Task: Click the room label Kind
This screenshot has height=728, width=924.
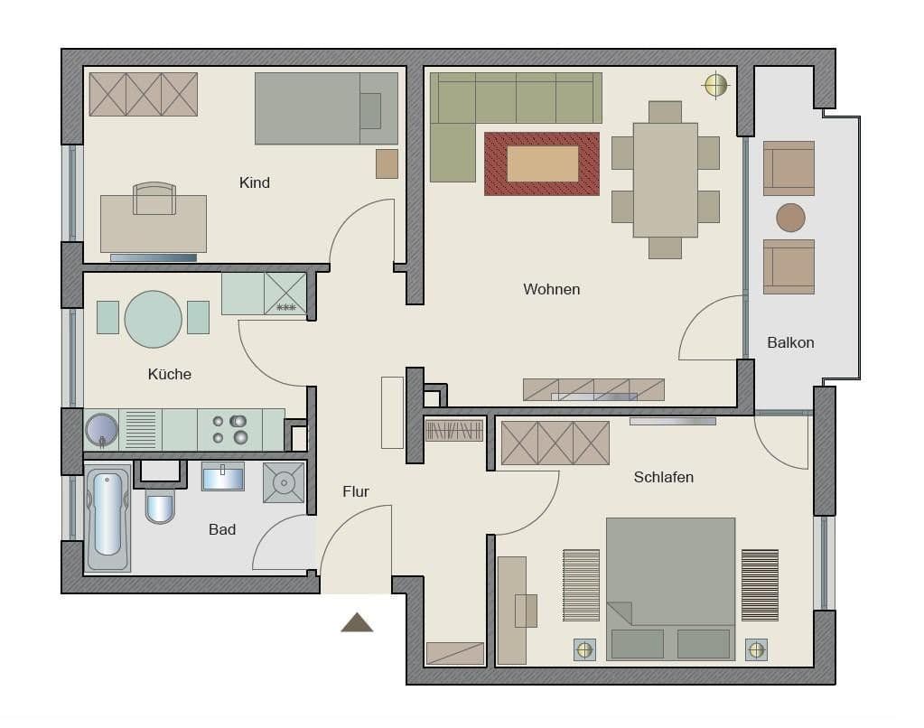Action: tap(254, 183)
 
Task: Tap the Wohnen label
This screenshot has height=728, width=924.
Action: tap(551, 290)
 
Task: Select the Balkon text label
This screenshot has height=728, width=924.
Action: tap(790, 342)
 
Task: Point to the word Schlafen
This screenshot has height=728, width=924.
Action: tap(663, 477)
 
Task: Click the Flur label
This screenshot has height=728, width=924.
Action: tap(355, 491)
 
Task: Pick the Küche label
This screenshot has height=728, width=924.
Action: tap(170, 374)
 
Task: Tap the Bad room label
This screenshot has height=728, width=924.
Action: tap(222, 529)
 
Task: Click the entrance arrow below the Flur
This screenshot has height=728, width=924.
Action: tap(357, 622)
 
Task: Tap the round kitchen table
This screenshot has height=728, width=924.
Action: tap(153, 319)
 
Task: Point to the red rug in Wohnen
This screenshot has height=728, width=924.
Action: tap(542, 163)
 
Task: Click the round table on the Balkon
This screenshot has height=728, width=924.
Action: tap(790, 218)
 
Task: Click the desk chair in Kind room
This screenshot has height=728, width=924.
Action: tap(154, 199)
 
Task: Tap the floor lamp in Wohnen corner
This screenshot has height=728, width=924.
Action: tap(715, 86)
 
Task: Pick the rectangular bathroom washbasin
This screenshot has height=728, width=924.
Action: tap(222, 476)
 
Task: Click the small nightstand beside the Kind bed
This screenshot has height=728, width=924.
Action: tap(387, 163)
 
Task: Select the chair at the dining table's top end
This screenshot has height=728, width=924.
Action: tap(665, 112)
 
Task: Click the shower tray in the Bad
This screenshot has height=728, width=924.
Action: tap(284, 482)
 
